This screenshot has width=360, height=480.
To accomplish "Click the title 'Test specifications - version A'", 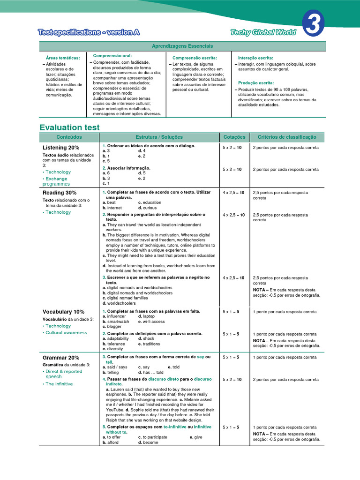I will tap(89, 32).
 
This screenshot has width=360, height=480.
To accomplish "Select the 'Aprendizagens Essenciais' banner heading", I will tap(182, 46).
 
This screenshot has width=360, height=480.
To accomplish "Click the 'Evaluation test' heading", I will tap(70, 127).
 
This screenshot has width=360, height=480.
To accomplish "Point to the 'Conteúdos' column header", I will tap(69, 137).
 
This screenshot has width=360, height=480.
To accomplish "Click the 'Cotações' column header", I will tap(234, 137).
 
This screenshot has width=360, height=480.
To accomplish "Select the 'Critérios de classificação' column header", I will tap(287, 137).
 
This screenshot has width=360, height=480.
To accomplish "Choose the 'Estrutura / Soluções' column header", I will tap(159, 137).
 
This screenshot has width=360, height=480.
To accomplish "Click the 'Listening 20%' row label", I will tap(61, 148).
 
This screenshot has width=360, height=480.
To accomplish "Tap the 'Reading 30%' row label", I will tap(60, 193).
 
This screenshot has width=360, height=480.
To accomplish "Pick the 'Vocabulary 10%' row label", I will tap(64, 312).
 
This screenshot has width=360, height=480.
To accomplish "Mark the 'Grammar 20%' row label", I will tap(61, 358).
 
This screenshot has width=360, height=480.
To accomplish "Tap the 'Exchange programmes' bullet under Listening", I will tap(56, 181).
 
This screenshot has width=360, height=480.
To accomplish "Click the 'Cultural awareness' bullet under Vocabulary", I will tap(66, 333).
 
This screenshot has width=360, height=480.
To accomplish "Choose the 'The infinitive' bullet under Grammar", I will tap(59, 384).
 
